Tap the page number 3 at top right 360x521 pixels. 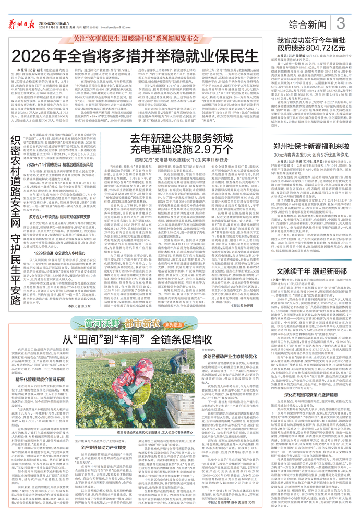340,23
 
